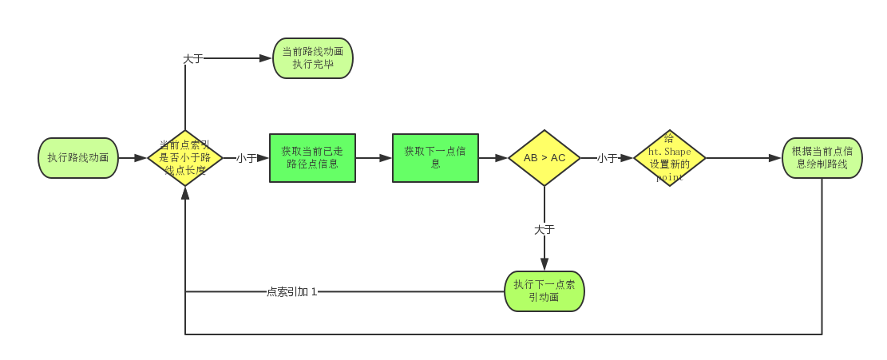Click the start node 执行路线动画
click(x=78, y=158)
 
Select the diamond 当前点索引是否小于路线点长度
click(x=185, y=158)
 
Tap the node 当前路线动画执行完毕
click(x=312, y=58)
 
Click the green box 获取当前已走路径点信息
click(x=312, y=158)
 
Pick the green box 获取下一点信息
click(x=435, y=158)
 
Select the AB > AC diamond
click(x=544, y=158)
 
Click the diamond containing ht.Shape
click(x=669, y=158)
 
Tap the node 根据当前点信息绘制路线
click(x=822, y=158)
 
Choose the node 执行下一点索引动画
click(x=544, y=291)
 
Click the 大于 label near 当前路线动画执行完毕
click(x=193, y=58)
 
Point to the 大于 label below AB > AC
click(x=544, y=229)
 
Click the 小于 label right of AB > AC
click(x=608, y=158)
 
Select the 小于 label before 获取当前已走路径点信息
click(x=246, y=158)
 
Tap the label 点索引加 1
click(x=291, y=291)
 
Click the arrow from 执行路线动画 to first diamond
click(x=133, y=158)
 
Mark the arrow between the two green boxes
click(x=374, y=158)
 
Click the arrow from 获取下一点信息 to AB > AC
click(x=493, y=158)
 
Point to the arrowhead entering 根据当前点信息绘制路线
click(x=775, y=158)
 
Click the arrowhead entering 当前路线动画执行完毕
click(x=267, y=58)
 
